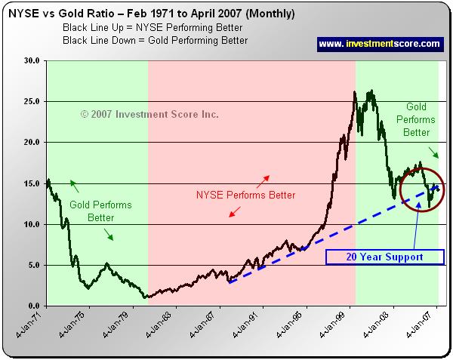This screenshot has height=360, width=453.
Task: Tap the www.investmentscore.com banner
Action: click(379, 44)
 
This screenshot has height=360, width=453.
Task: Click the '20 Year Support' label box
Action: click(384, 257)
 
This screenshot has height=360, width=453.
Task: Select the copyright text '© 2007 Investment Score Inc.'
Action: click(149, 115)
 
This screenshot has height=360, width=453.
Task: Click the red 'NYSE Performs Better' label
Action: click(245, 195)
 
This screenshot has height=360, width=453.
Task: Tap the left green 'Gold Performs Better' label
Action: click(101, 211)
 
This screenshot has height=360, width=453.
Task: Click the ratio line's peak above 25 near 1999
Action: click(355, 93)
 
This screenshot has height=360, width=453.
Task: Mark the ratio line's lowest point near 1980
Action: click(146, 297)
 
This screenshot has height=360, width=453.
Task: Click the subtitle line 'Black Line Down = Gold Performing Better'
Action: click(154, 39)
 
